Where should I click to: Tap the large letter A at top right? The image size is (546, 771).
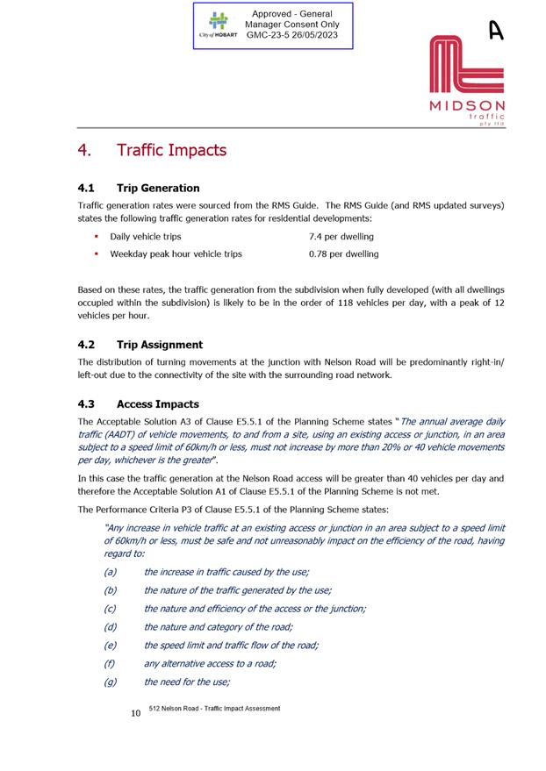(496, 31)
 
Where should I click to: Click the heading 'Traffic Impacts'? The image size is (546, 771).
(171, 150)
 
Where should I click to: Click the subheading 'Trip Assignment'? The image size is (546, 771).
(159, 345)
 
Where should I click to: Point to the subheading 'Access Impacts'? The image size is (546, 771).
(157, 404)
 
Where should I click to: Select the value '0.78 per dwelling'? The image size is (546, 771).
(343, 254)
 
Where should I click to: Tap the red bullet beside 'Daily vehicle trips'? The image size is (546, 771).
(96, 237)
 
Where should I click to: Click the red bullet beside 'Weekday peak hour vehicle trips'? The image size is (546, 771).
(96, 254)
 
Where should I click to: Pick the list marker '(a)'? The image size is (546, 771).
(110, 572)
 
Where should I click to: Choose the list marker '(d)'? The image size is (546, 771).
(110, 627)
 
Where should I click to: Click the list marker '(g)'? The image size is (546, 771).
(110, 682)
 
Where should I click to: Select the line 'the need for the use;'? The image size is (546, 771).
(186, 682)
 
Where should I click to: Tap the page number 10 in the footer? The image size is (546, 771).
(135, 714)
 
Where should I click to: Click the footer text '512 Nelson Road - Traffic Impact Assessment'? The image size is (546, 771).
(214, 708)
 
